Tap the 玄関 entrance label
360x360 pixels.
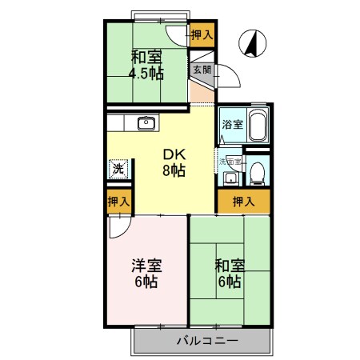[201, 70]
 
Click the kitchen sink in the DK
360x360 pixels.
[146, 123]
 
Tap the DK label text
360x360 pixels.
[174, 154]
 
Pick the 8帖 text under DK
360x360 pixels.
[174, 170]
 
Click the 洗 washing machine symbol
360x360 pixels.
[118, 169]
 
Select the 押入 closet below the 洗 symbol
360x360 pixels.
[119, 202]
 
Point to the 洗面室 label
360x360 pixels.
[230, 161]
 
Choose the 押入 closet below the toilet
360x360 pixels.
[244, 201]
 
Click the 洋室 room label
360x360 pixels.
[146, 266]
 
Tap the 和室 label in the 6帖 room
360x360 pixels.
[228, 266]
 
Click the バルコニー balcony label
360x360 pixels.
[204, 341]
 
